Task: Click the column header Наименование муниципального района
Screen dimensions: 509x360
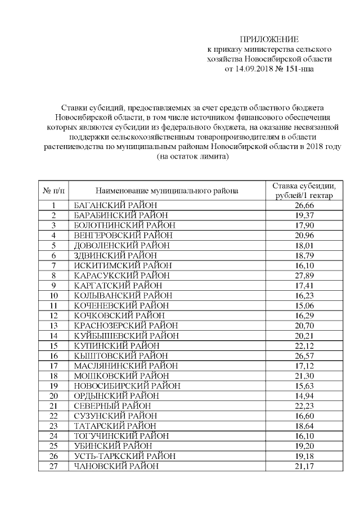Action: [x=166, y=191]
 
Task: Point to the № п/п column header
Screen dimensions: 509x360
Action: [x=53, y=191]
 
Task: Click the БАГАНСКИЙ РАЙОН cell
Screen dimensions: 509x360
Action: [x=115, y=205]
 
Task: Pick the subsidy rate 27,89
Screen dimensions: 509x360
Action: [x=303, y=275]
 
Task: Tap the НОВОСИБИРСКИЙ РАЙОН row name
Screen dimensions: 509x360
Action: [x=127, y=386]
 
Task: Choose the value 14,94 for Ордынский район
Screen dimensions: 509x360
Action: [x=303, y=396]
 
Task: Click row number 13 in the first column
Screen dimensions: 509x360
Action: [x=54, y=326]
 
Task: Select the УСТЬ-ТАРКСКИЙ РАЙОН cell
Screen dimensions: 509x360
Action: [x=125, y=456]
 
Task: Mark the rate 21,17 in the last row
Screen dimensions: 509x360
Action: [x=303, y=466]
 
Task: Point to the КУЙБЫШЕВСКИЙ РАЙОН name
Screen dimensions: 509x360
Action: [x=127, y=336]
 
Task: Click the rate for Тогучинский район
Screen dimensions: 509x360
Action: [x=303, y=436]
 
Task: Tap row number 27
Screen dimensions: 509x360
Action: [x=54, y=466]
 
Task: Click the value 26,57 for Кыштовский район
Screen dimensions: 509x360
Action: [x=303, y=356]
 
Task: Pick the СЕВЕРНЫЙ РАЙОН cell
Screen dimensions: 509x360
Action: [x=112, y=406]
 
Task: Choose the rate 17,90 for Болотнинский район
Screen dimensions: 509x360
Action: [x=303, y=225]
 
